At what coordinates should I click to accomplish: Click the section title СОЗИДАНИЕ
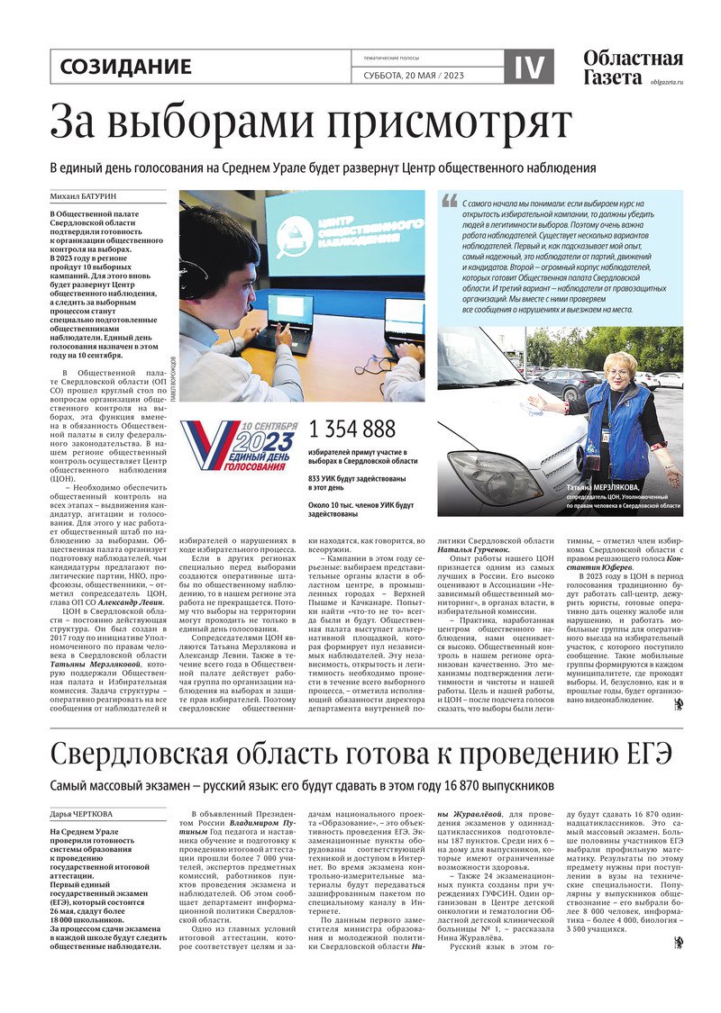coord(125,67)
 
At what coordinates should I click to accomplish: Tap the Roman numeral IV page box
coord(536,67)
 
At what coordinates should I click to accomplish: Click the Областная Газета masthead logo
coord(631,67)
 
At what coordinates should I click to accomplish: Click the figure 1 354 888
coord(352,429)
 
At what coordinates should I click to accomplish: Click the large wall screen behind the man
coord(342,234)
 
